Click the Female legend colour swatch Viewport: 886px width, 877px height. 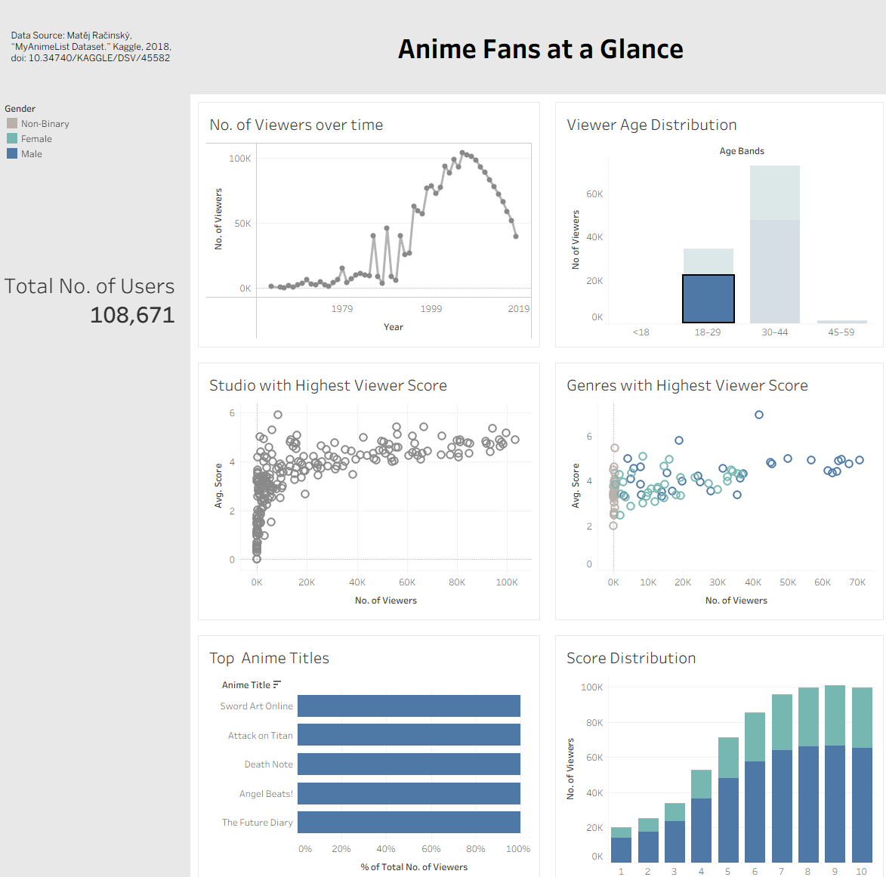click(x=12, y=138)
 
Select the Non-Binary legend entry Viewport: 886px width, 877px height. click(x=45, y=124)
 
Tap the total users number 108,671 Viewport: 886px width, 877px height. click(x=132, y=315)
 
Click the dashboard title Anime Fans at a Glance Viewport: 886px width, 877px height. click(x=540, y=49)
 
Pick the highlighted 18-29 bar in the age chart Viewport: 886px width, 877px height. click(x=708, y=298)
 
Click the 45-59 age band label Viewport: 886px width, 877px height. click(x=841, y=332)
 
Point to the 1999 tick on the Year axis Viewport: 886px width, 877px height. click(x=431, y=309)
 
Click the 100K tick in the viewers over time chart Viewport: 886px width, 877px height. click(x=239, y=159)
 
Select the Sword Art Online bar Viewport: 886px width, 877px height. click(x=409, y=706)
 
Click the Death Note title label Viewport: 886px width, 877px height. click(x=268, y=764)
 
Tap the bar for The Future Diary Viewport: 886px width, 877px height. click(x=409, y=823)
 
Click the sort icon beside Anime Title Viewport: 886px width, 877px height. click(x=277, y=684)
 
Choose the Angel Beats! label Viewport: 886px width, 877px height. click(x=266, y=794)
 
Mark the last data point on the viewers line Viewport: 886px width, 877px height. click(x=516, y=236)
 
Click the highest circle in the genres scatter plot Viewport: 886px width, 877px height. click(x=759, y=415)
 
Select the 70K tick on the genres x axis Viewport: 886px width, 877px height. click(x=857, y=582)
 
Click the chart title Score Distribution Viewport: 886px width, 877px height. click(x=631, y=658)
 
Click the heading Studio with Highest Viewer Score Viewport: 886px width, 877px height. click(x=328, y=385)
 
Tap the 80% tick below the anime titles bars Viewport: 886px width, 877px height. click(x=476, y=849)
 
